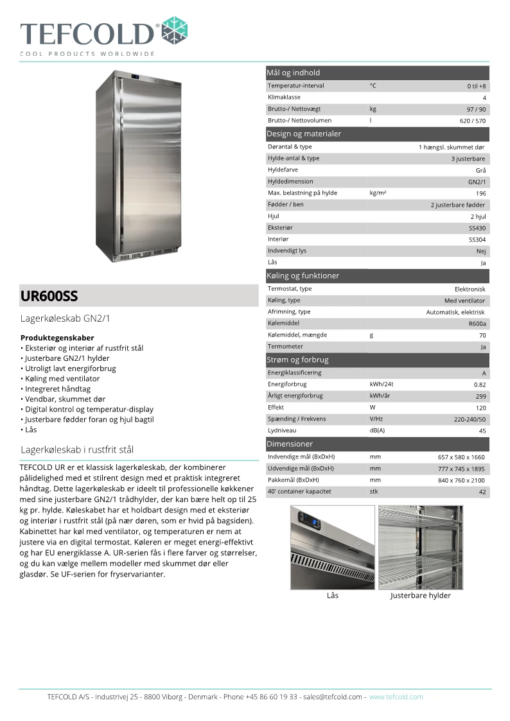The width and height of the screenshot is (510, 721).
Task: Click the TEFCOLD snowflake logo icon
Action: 175,31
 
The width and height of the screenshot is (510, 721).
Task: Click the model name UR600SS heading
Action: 49,296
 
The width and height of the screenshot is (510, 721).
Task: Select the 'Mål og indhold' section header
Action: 294,73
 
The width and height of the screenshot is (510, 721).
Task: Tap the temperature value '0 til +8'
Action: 477,86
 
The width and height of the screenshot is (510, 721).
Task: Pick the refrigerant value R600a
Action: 477,324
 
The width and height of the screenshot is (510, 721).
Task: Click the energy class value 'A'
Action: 484,373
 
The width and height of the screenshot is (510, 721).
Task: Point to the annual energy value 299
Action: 480,397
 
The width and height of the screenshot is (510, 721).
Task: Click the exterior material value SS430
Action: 477,228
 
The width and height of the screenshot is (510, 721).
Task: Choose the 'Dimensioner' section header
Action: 290,444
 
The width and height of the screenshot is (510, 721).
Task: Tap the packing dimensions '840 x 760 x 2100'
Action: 461,480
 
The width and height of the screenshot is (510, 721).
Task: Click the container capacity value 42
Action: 482,492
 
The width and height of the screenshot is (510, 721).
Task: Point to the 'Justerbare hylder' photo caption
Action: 421,595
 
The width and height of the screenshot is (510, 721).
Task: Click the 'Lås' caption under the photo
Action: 332,595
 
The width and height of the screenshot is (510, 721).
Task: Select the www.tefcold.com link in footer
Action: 396,697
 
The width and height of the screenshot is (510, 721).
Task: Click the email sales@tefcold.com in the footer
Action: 333,697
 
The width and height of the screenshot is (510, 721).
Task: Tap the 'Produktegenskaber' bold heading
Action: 57,337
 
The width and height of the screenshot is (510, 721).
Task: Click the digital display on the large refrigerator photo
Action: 136,79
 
